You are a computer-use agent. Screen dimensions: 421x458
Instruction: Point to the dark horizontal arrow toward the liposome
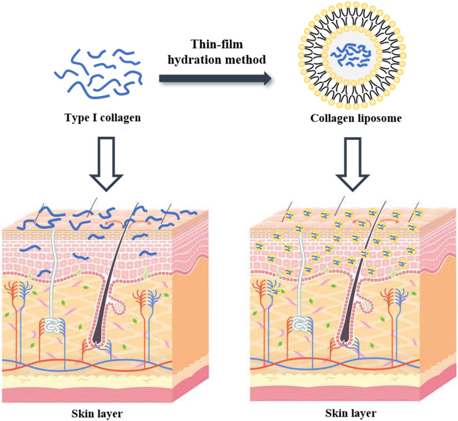214,78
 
